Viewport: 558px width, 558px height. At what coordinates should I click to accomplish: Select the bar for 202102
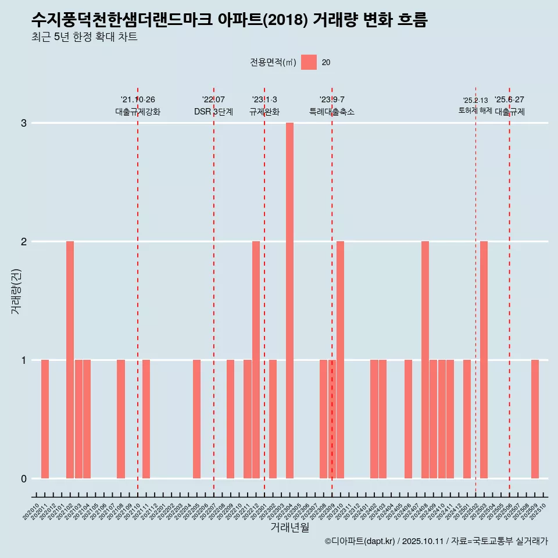(x=70, y=360)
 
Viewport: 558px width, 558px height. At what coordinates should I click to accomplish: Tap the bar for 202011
(x=45, y=419)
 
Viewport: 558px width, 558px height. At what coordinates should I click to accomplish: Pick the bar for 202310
(x=340, y=360)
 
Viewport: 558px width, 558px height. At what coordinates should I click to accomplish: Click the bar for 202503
(x=484, y=360)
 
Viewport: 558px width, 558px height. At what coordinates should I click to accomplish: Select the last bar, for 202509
(x=535, y=419)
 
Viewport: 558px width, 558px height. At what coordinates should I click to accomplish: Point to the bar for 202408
(x=425, y=360)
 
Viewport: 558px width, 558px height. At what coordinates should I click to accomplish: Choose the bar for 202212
(x=256, y=360)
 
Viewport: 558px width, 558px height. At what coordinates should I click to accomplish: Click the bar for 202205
(x=196, y=419)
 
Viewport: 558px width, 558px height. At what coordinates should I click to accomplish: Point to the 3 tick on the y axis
(x=24, y=123)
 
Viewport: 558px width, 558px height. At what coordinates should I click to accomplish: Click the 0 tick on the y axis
(x=24, y=479)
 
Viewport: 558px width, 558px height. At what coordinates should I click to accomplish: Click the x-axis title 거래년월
(x=289, y=527)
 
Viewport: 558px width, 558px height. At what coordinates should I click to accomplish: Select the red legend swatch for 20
(x=309, y=62)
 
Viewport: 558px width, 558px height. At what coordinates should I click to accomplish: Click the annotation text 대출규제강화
(x=138, y=112)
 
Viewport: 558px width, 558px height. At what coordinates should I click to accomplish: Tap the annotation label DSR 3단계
(x=213, y=112)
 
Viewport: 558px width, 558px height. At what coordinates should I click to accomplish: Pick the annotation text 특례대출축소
(x=332, y=112)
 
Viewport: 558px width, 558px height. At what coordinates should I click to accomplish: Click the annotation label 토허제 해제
(x=475, y=110)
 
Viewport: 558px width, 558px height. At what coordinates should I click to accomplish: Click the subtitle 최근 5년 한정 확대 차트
(x=85, y=37)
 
